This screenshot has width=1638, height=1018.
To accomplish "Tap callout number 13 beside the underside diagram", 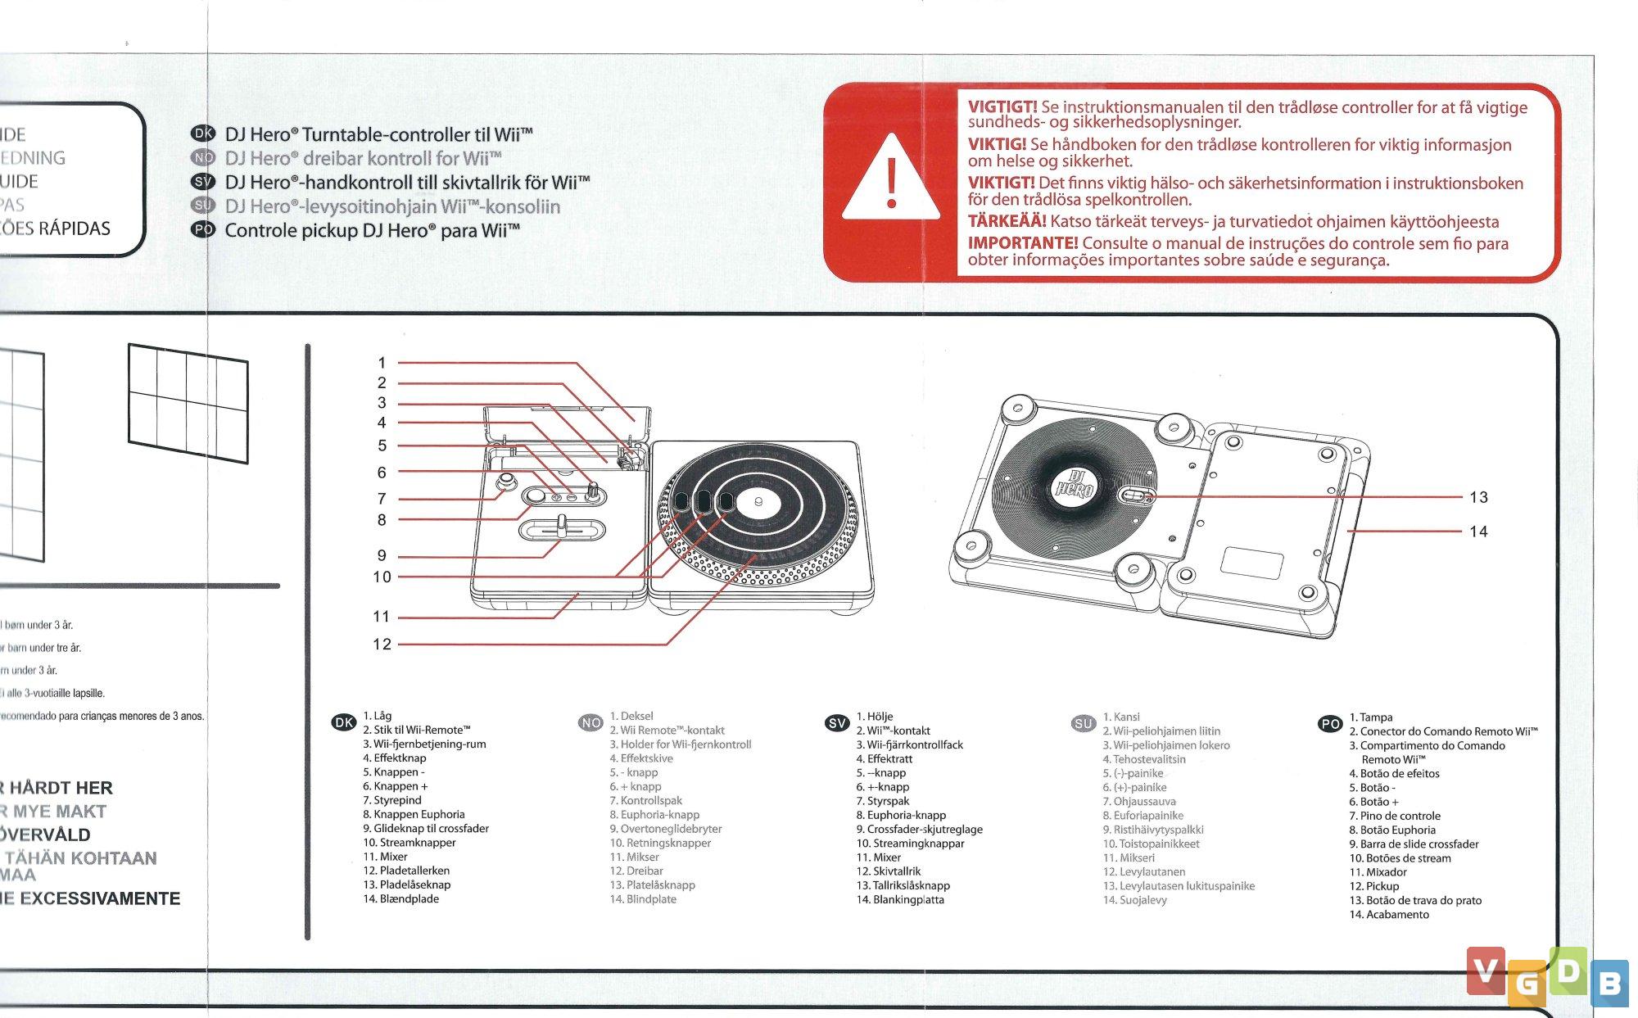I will pyautogui.click(x=1478, y=497).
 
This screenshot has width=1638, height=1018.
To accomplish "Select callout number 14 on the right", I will pyautogui.click(x=1478, y=532).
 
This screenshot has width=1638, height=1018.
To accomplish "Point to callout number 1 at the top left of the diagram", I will pyautogui.click(x=382, y=363).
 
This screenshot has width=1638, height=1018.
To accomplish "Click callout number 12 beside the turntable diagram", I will pyautogui.click(x=382, y=645).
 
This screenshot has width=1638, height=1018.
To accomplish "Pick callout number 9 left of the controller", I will pyautogui.click(x=382, y=556).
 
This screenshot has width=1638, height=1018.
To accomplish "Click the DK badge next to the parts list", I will pyautogui.click(x=343, y=722).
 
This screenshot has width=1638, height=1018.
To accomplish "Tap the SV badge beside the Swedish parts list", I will pyautogui.click(x=837, y=723).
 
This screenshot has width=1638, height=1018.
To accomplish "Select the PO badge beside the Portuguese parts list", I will pyautogui.click(x=1330, y=724).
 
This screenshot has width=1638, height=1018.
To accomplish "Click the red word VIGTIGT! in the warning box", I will pyautogui.click(x=1002, y=107).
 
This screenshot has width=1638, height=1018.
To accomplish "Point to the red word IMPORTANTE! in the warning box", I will pyautogui.click(x=1022, y=243).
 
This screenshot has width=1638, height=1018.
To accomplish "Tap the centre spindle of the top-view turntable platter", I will pyautogui.click(x=758, y=501).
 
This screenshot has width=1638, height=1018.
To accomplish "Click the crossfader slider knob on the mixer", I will pyautogui.click(x=563, y=525).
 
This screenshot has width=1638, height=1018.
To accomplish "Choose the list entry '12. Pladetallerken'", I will pyautogui.click(x=406, y=871).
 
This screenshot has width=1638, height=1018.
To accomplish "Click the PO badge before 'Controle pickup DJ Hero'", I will pyautogui.click(x=202, y=230).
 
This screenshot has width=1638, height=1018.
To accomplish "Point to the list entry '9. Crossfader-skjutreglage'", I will pyautogui.click(x=919, y=829).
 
